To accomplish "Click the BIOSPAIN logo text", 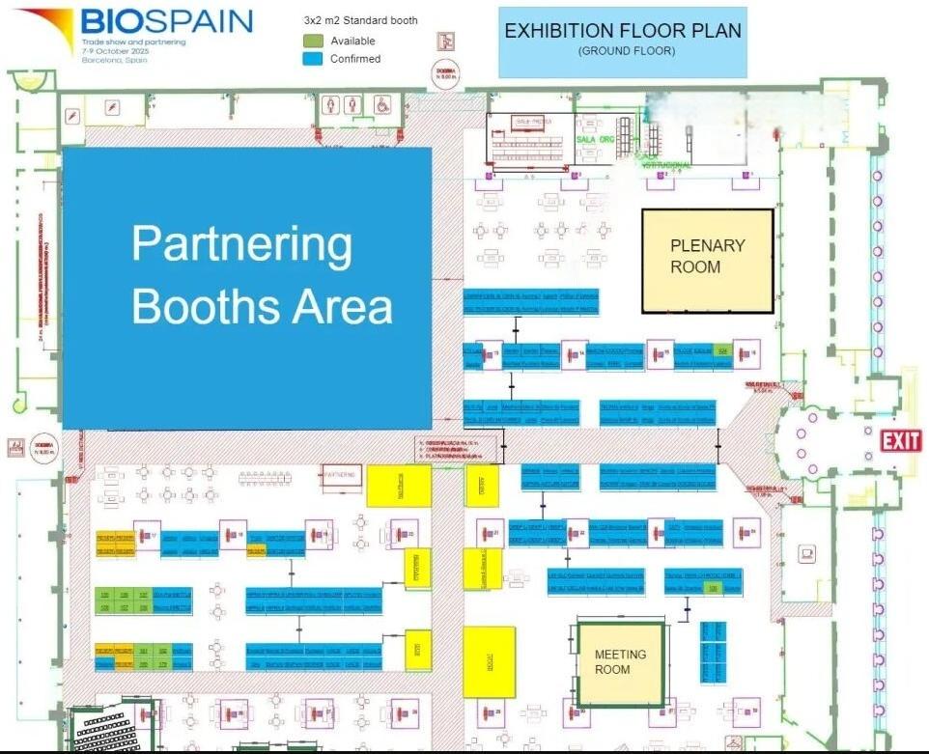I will coord(166,21).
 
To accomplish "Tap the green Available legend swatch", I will coord(313,41).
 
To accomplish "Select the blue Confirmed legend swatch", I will coord(313,58).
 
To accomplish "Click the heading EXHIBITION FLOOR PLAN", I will coord(623,31).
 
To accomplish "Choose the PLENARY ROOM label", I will coord(708,256).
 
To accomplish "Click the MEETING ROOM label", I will coord(619,662).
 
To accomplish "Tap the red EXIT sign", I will coord(901,442).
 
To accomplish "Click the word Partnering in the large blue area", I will coord(241,243).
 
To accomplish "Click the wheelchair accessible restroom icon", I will coord(381,102).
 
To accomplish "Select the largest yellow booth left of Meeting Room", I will coord(489,661).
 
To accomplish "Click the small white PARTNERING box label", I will coord(340,475).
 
